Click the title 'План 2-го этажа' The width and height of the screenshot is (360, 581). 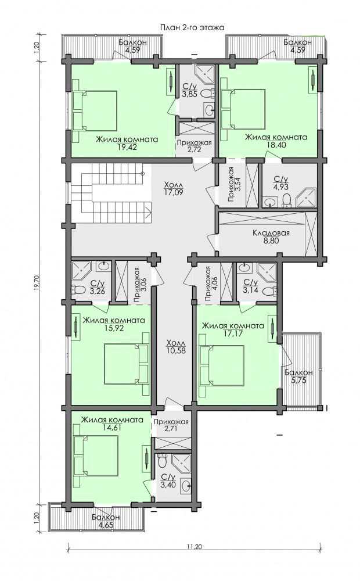pyautogui.click(x=192, y=27)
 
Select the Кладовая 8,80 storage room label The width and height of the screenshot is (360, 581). pyautogui.click(x=271, y=237)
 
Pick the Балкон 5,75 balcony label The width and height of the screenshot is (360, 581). pyautogui.click(x=298, y=376)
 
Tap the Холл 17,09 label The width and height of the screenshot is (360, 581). pyautogui.click(x=174, y=188)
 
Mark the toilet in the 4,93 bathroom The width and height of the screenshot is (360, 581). pyautogui.click(x=286, y=200)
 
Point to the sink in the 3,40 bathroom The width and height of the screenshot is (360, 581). pyautogui.click(x=186, y=484)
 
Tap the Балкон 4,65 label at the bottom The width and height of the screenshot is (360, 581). pyautogui.click(x=106, y=520)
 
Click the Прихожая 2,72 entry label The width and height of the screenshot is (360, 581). pyautogui.click(x=194, y=146)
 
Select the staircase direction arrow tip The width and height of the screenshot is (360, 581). pyautogui.click(x=150, y=213)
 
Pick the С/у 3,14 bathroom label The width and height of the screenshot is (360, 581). pyautogui.click(x=250, y=286)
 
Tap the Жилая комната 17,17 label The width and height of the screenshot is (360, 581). pyautogui.click(x=233, y=329)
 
